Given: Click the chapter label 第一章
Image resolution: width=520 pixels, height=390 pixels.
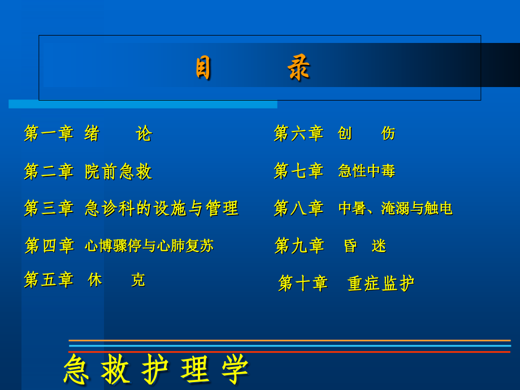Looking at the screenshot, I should (49, 133).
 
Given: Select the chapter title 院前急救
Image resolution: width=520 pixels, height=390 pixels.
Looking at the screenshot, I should (118, 171).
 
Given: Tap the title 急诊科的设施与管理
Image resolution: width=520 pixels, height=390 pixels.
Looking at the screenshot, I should (162, 208).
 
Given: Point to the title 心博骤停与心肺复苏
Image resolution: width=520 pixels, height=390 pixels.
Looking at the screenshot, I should (149, 245).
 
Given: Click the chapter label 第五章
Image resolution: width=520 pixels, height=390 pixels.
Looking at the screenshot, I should (49, 279).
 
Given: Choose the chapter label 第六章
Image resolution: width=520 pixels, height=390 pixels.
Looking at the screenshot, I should (298, 133).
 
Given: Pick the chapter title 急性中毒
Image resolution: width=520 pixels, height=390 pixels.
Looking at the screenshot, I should (366, 171).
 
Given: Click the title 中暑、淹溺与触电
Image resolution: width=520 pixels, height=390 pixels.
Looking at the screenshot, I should (395, 208).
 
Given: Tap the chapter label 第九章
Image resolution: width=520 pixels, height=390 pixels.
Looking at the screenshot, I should (299, 245).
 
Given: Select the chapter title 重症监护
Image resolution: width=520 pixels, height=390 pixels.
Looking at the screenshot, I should (381, 283).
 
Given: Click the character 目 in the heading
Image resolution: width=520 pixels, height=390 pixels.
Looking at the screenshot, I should (203, 69).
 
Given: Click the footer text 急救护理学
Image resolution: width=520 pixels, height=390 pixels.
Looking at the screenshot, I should (156, 370).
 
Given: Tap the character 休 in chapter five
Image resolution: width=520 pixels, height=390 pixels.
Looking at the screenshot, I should (95, 279).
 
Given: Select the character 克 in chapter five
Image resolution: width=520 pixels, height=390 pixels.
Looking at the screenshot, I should (138, 280).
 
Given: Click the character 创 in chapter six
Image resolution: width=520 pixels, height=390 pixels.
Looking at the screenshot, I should (345, 133).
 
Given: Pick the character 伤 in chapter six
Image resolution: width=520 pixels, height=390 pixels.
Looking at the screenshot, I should (388, 133).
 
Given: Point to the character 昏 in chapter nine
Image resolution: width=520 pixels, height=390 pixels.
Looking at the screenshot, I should (350, 245).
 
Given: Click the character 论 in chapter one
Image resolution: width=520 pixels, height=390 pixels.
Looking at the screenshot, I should (144, 133).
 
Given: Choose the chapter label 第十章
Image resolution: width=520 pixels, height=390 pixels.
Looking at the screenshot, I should (303, 283).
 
